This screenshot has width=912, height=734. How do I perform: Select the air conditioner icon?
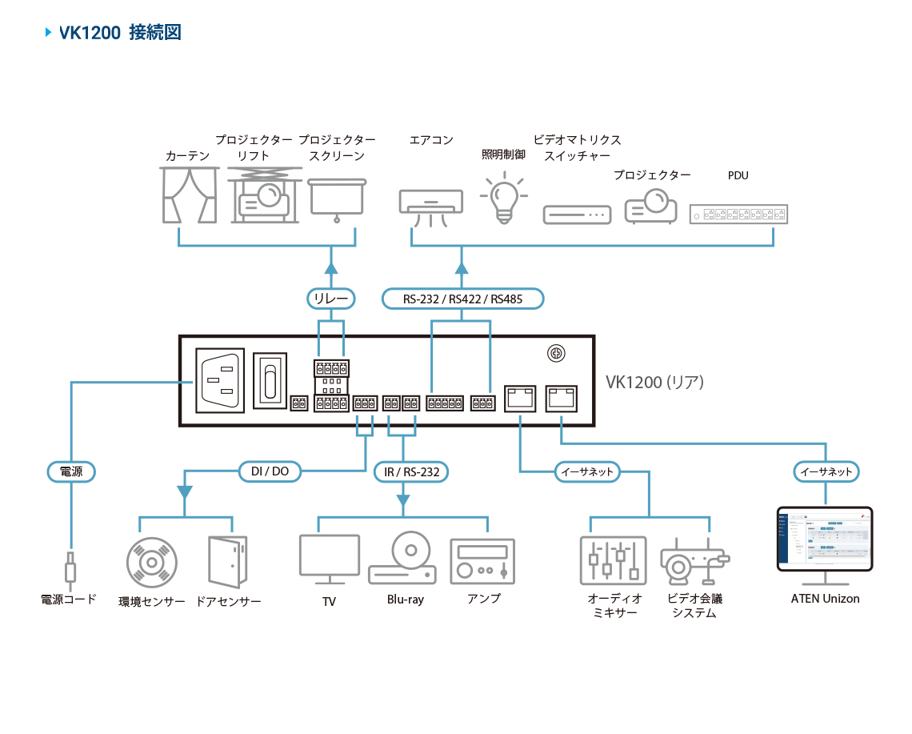click(430, 206)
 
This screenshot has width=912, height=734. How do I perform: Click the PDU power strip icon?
click(738, 214)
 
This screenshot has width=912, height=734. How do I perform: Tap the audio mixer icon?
click(612, 560)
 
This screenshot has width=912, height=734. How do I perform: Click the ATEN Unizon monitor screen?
click(825, 538)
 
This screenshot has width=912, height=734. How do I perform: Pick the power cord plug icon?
click(71, 568)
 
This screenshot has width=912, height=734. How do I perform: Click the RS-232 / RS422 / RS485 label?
click(462, 299)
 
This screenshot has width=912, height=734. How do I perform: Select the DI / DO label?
click(270, 471)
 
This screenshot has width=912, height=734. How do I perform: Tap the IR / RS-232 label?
click(411, 471)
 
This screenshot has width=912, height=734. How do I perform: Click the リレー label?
click(331, 299)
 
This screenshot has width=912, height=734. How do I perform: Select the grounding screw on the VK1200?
click(553, 353)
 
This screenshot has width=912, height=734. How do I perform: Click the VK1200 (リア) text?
click(654, 383)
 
